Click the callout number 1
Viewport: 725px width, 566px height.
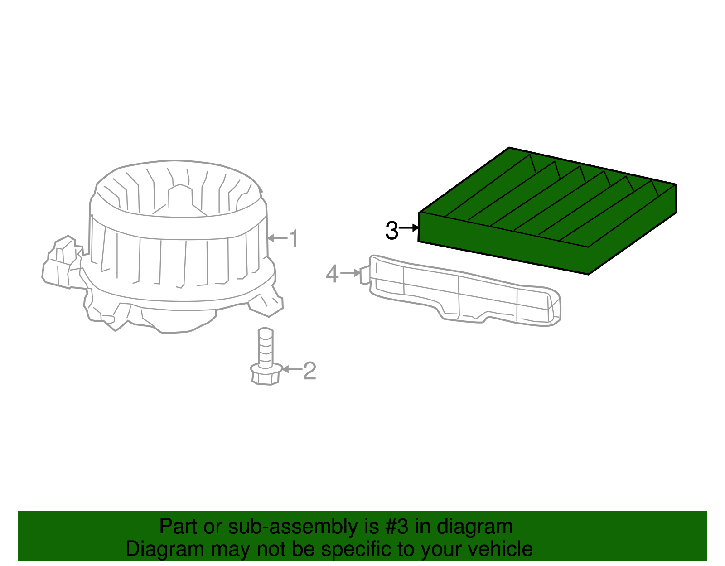click(x=294, y=238)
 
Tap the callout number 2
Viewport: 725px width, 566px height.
click(x=309, y=371)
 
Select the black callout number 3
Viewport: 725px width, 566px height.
click(x=391, y=231)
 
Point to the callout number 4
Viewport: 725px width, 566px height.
click(x=332, y=274)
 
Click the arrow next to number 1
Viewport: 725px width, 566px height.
click(x=277, y=238)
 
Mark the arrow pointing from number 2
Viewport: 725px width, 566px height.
click(x=292, y=370)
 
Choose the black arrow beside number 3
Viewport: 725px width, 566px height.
click(x=409, y=227)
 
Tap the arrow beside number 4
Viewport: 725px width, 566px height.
click(x=350, y=273)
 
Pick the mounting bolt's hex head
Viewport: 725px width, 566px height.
click(x=266, y=375)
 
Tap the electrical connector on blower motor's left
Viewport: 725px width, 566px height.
click(x=63, y=263)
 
